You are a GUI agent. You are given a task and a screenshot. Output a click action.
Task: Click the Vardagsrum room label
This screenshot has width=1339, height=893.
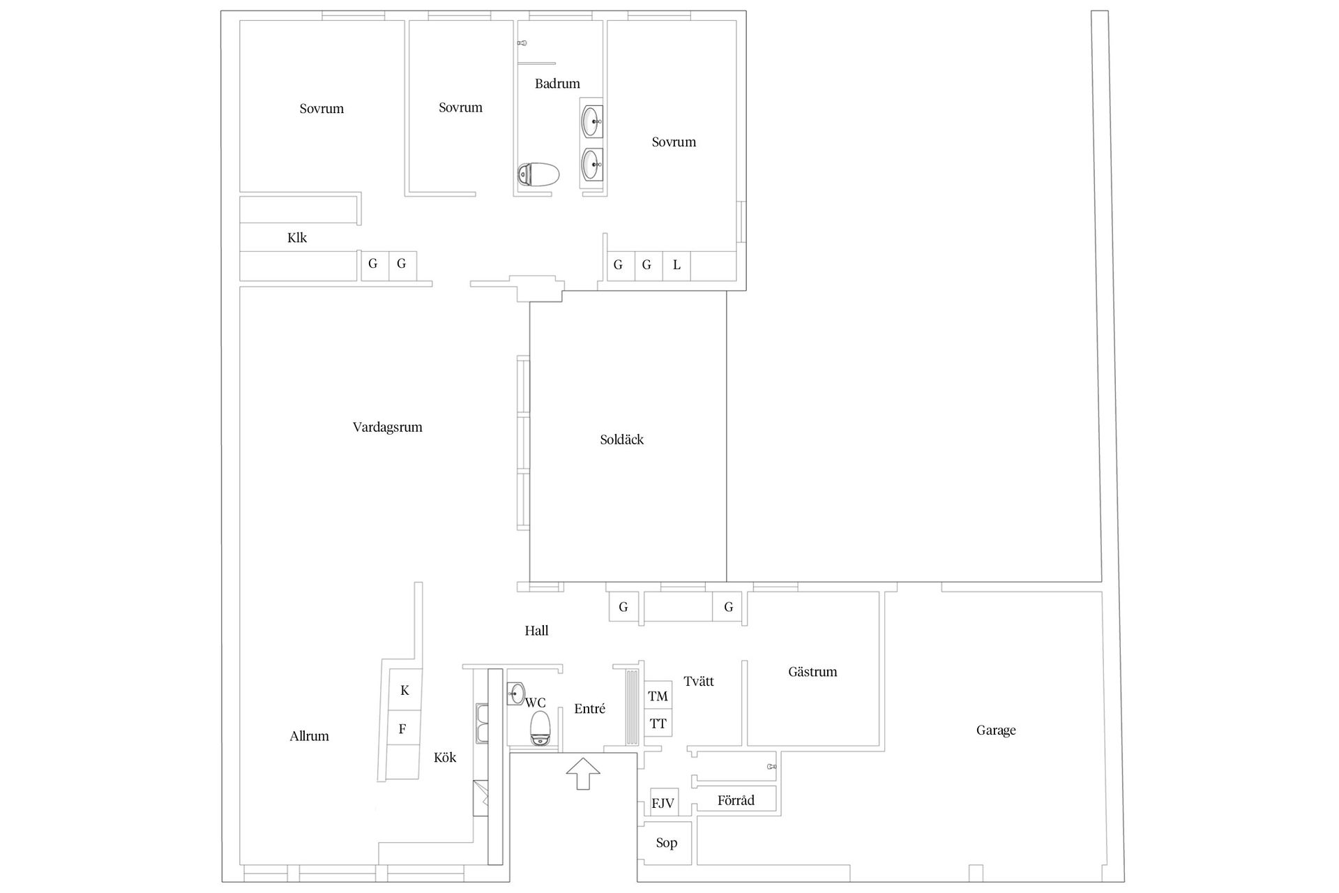click(x=387, y=428)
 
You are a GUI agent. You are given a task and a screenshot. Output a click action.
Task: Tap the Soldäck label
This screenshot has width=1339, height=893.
click(x=621, y=440)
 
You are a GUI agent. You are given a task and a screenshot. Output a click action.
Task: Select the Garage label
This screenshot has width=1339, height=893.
click(x=995, y=730)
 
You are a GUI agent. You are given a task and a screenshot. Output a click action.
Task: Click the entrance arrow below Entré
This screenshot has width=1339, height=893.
click(x=583, y=774)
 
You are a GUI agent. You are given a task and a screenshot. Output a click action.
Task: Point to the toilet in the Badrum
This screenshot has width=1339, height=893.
click(x=538, y=174)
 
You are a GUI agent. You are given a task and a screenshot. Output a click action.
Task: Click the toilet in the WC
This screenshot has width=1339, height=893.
click(x=540, y=728)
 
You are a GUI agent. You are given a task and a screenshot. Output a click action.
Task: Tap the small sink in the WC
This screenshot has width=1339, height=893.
click(x=517, y=693)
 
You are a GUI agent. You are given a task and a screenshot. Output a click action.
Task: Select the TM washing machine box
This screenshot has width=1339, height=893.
click(x=658, y=696)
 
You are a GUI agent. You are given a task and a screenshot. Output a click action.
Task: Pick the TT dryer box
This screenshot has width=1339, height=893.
click(x=658, y=723)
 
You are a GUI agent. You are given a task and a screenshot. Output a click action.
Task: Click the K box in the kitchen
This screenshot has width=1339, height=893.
click(x=404, y=691)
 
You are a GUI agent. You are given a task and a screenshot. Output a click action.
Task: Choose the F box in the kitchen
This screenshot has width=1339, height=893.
click(x=403, y=729)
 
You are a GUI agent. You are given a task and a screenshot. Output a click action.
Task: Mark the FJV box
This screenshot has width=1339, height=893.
click(x=663, y=803)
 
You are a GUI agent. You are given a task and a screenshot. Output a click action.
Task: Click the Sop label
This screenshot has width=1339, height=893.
click(x=667, y=843)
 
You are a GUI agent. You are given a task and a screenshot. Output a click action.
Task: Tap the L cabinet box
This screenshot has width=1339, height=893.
click(x=676, y=265)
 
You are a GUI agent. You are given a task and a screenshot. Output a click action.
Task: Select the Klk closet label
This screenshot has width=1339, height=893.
click(x=297, y=238)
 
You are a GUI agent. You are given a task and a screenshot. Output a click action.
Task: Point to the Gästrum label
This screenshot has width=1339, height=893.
click(x=812, y=672)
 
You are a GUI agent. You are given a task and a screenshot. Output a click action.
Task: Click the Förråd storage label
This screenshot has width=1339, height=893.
click(x=736, y=800)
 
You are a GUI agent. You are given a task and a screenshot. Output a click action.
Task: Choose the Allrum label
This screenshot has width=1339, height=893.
click(x=309, y=736)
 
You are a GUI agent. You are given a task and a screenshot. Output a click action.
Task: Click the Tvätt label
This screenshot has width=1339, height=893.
click(x=699, y=682)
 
